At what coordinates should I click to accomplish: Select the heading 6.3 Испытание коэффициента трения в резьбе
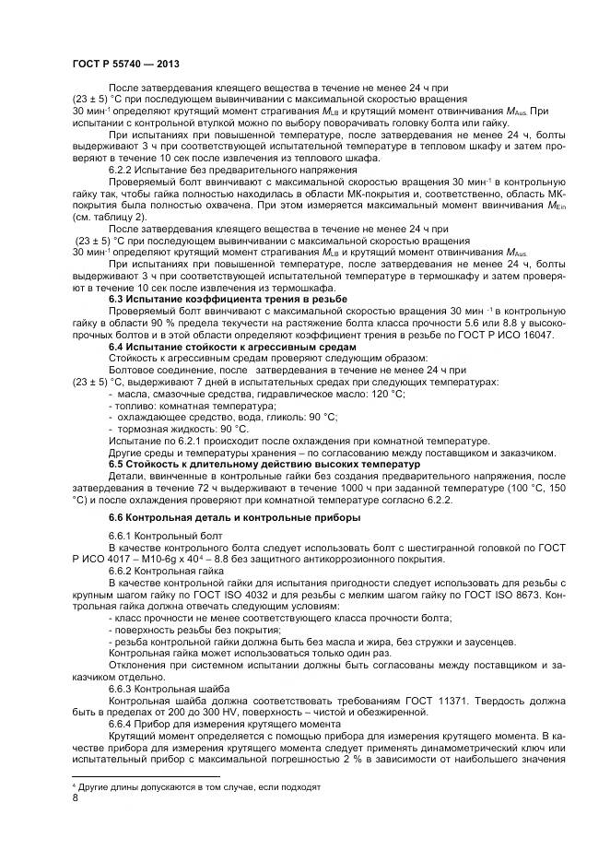(x=228, y=300)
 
